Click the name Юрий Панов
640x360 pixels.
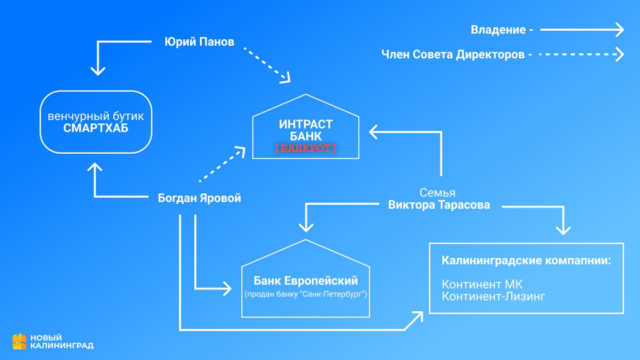(x=199, y=42)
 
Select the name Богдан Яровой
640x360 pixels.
(x=199, y=198)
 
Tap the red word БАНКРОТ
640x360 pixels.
(x=306, y=148)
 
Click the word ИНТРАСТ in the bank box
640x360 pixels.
(x=306, y=124)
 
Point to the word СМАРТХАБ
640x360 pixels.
(x=96, y=127)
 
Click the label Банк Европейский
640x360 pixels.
(x=306, y=281)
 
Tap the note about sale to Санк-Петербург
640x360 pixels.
(x=306, y=294)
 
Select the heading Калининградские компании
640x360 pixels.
(x=526, y=260)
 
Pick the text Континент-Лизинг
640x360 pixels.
(x=493, y=296)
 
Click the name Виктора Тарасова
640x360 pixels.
(x=439, y=205)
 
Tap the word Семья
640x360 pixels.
(x=437, y=192)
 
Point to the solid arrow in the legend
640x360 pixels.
(x=582, y=29)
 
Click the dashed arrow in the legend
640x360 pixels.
(x=582, y=54)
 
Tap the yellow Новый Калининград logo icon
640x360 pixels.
(x=19, y=341)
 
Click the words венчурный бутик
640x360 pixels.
(x=96, y=116)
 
